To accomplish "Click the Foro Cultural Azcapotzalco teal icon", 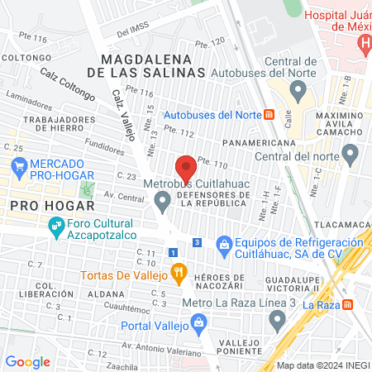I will point(56,225).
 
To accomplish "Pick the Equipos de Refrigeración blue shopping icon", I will point(223,244).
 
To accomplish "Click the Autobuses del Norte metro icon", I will point(269,114).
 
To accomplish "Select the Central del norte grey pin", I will point(350,154).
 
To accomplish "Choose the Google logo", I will point(27,361).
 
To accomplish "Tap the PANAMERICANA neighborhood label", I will point(263,143).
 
